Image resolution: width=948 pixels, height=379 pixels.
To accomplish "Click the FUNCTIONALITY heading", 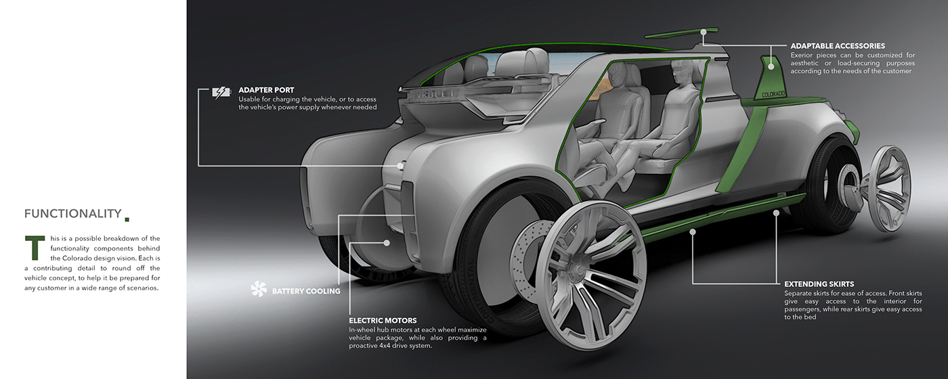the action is click(73, 214).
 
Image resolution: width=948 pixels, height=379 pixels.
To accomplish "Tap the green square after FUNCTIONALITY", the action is click(127, 219).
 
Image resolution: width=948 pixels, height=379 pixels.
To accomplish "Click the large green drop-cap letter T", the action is click(35, 248).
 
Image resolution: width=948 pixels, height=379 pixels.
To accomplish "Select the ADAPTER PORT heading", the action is click(266, 90).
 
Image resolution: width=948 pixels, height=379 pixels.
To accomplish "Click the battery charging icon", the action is click(221, 92).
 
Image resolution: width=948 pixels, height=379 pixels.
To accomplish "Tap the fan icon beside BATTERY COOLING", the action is click(259, 289).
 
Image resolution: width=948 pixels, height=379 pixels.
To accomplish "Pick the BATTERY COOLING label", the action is click(306, 291).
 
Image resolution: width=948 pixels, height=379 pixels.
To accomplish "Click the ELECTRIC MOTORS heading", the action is click(383, 321).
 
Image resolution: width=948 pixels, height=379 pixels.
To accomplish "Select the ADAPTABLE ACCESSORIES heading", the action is click(838, 46).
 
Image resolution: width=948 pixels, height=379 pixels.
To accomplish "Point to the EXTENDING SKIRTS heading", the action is click(819, 284).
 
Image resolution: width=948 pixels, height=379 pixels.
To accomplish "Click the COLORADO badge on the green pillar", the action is click(773, 94).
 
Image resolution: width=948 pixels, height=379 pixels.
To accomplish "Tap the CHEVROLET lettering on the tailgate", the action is click(433, 95).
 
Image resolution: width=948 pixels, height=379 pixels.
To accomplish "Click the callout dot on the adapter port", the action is click(400, 166).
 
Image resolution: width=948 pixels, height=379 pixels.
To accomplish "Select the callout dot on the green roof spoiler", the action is click(704, 32).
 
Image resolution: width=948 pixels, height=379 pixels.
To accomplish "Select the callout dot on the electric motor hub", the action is click(387, 243).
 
